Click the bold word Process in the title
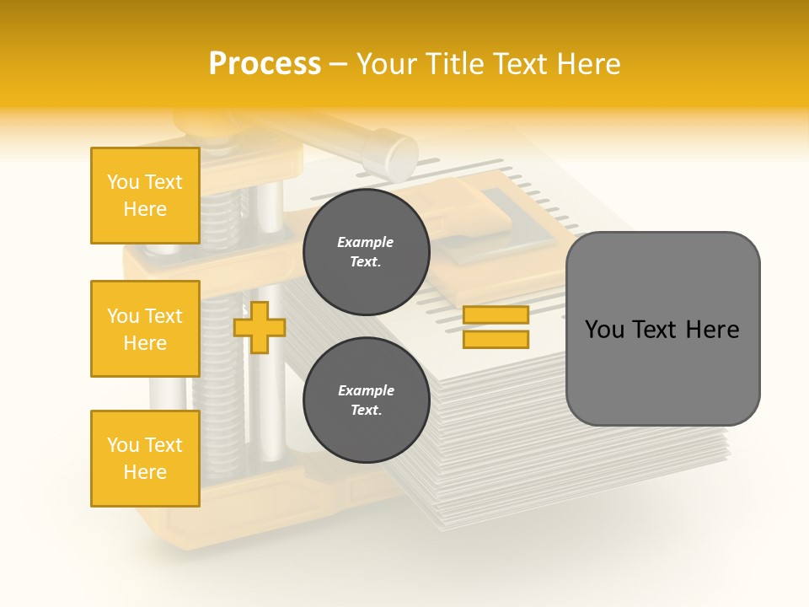click(x=265, y=64)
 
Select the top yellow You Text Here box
click(x=145, y=196)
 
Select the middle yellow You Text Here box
click(x=145, y=329)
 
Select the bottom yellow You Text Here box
click(x=145, y=459)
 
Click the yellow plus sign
click(x=259, y=327)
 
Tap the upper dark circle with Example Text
click(x=366, y=251)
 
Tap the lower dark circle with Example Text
click(x=366, y=400)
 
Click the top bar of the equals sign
click(x=496, y=314)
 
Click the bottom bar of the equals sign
click(x=496, y=339)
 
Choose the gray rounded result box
click(x=662, y=329)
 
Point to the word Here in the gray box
click(x=712, y=330)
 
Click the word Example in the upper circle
click(x=366, y=242)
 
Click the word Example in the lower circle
click(x=366, y=390)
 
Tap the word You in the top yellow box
click(x=123, y=182)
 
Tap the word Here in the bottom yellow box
click(x=145, y=472)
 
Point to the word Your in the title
click(x=385, y=64)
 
